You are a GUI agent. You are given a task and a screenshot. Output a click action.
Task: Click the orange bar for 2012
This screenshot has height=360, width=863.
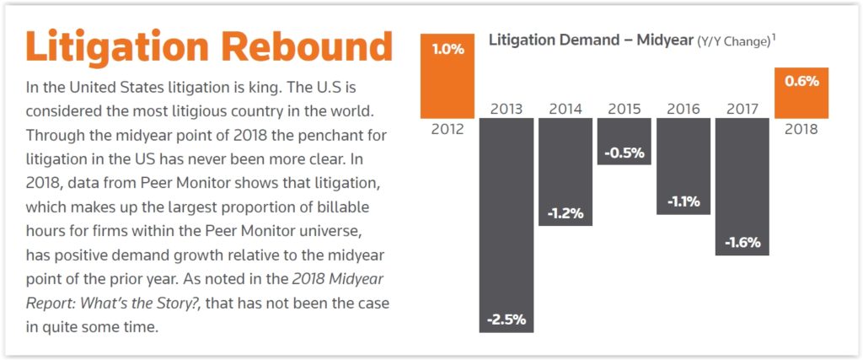448,76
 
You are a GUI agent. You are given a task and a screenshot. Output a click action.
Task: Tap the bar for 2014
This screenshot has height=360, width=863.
566,172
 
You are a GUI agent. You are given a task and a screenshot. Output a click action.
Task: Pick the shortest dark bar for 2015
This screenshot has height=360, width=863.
624,141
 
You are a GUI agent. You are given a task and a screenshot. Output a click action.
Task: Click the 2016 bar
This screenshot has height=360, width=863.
683,166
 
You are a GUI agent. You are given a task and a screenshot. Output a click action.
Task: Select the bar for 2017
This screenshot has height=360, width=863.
742,185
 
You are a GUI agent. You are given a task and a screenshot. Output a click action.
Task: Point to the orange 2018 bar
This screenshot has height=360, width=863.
801,93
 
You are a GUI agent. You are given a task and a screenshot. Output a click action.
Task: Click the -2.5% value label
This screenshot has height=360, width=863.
507,320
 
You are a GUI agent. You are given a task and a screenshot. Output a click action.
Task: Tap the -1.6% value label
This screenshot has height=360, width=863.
742,242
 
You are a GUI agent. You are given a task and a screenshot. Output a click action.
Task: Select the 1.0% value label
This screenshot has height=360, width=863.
448,49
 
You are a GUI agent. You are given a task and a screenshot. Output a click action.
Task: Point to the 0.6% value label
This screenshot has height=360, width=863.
801,82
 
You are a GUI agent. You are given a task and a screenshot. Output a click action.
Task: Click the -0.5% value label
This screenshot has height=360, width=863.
624,153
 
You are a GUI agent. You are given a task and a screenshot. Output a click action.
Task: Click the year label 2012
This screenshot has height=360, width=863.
448,131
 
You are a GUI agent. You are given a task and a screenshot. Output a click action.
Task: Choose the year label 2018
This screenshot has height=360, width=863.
801,131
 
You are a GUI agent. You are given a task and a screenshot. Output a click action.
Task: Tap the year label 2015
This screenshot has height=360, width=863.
624,109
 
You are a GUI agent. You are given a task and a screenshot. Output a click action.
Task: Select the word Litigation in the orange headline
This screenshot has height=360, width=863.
109,46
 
